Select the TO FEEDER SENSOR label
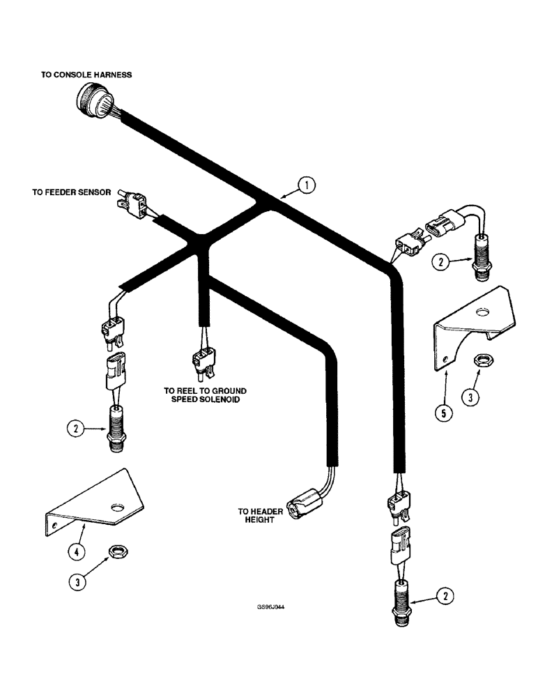(x=71, y=192)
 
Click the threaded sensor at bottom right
(x=404, y=598)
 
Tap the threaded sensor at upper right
(x=482, y=257)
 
